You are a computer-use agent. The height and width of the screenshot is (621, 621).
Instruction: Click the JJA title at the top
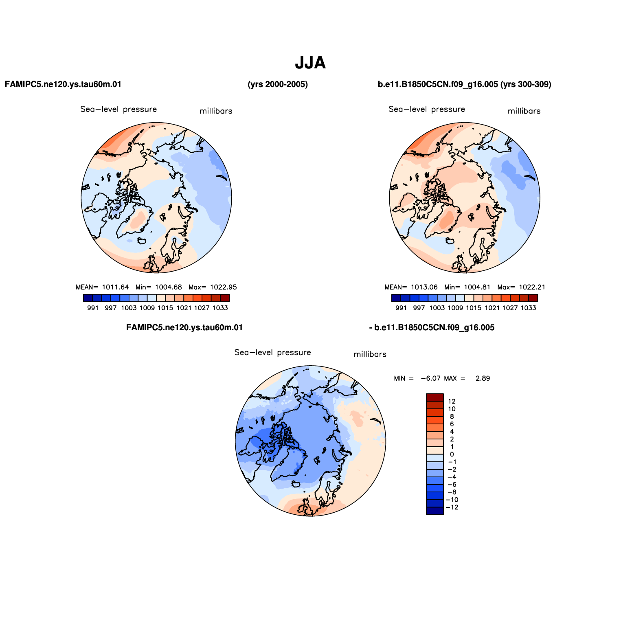(310, 63)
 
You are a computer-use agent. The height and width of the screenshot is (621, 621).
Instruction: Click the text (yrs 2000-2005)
(278, 84)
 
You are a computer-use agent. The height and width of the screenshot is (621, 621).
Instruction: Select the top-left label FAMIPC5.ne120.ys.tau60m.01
(63, 84)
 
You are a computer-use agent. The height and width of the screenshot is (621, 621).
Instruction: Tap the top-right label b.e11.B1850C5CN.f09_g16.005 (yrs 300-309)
(465, 84)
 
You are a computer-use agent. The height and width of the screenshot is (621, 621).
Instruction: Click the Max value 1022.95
(223, 287)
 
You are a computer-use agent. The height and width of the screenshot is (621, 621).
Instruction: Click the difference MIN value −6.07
(430, 378)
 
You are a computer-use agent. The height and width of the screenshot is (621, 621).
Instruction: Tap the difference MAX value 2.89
(483, 378)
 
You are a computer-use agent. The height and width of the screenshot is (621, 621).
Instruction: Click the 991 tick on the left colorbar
(93, 308)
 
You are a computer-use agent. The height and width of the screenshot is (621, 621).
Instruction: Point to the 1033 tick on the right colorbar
(528, 308)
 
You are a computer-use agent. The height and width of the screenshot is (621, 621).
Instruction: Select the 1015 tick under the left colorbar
(165, 308)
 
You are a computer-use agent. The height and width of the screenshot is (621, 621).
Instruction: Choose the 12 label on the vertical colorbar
(452, 402)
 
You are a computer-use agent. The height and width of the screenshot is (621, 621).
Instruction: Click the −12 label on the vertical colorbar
(452, 507)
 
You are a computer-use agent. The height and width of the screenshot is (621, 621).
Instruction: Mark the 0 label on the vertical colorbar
(452, 454)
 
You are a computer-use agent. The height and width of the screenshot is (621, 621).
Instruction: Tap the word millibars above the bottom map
(370, 354)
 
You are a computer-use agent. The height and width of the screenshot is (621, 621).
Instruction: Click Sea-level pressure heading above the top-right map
(427, 109)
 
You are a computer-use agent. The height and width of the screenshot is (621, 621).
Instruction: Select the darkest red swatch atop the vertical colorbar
(435, 397)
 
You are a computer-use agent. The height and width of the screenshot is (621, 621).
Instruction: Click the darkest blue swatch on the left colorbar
(88, 298)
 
